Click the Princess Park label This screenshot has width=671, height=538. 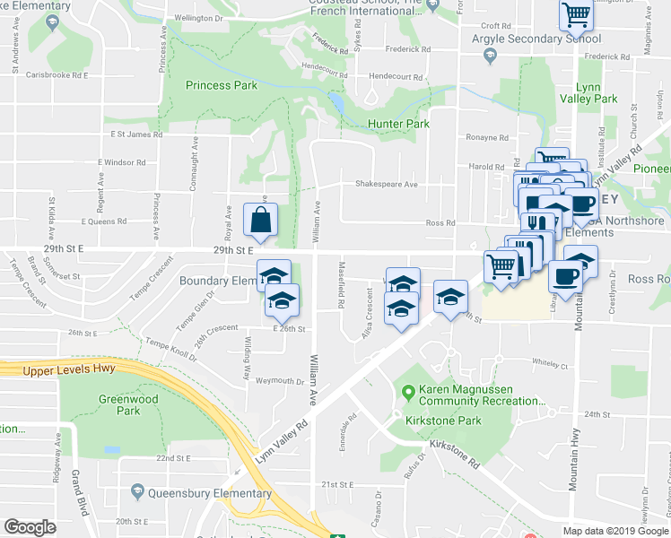[x=222, y=85]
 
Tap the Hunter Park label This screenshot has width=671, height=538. [x=398, y=124]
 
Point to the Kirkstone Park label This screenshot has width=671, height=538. [x=443, y=421]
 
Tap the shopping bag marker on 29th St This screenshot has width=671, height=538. [x=259, y=221]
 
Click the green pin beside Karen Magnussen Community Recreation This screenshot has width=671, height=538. [x=408, y=391]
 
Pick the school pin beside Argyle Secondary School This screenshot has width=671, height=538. [x=490, y=57]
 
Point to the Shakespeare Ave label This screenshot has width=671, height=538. [x=387, y=185]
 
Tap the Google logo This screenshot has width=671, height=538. [x=30, y=526]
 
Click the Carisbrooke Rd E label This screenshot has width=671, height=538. [x=57, y=75]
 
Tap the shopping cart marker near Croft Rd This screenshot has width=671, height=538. [x=576, y=14]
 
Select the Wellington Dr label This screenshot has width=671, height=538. [x=198, y=18]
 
